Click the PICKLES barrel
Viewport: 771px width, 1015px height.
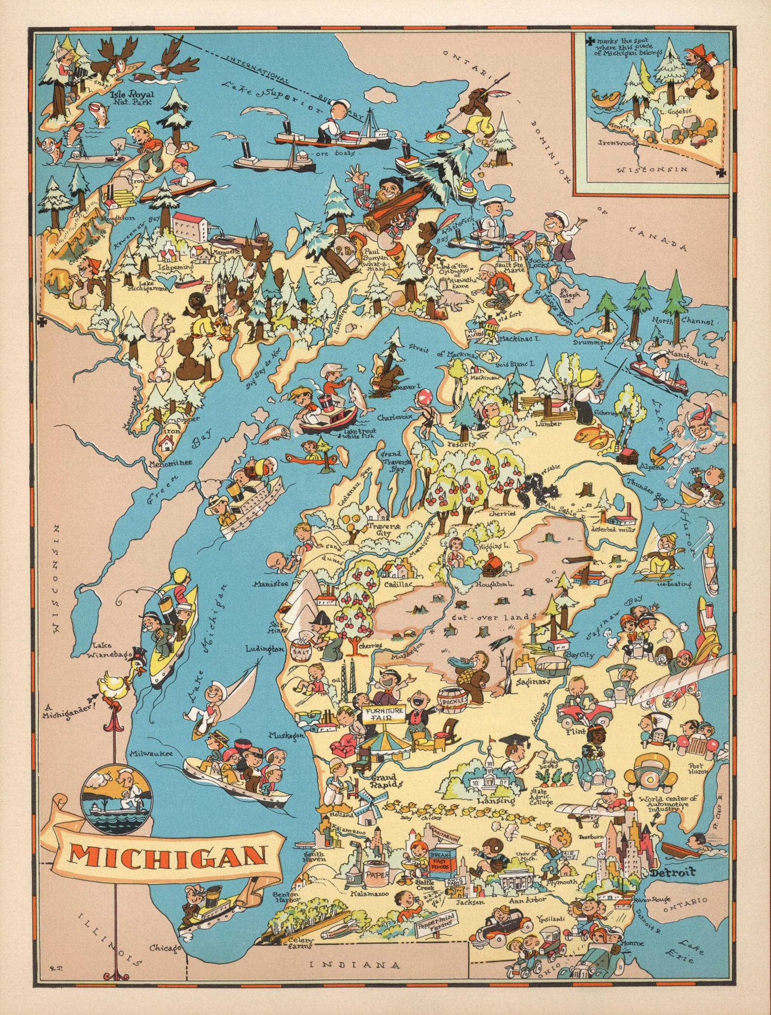453,700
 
